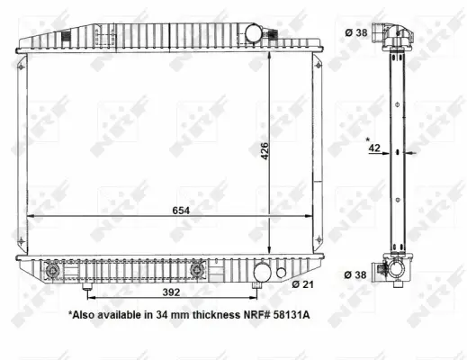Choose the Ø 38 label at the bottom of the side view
pyautogui.click(x=355, y=275)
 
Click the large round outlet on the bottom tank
pyautogui.click(x=262, y=272)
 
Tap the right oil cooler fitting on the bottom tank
pyautogui.click(x=200, y=269)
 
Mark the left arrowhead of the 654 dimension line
pyautogui.click(x=30, y=217)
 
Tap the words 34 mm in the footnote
pyautogui.click(x=154, y=317)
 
